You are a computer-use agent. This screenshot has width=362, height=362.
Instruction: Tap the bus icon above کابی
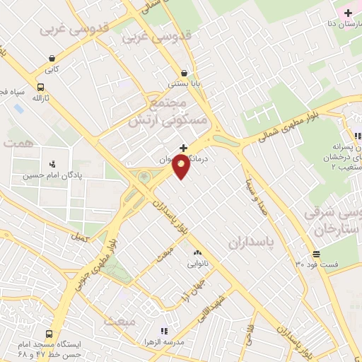pyautogui.click(x=52, y=59)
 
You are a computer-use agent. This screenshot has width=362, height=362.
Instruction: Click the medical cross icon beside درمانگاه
pyautogui.click(x=185, y=148)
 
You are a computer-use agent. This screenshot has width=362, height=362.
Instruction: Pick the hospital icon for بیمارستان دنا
pyautogui.click(x=348, y=13)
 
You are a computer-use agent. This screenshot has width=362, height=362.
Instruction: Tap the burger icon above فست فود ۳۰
pyautogui.click(x=315, y=254)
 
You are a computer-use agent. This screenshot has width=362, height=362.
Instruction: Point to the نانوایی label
pyautogui.click(x=197, y=264)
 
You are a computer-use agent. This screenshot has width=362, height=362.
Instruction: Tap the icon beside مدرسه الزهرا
pyautogui.click(x=164, y=330)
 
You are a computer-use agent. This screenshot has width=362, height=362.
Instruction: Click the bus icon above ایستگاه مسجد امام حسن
pyautogui.click(x=49, y=334)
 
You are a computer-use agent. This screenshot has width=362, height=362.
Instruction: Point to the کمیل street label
pyautogui.click(x=79, y=238)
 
